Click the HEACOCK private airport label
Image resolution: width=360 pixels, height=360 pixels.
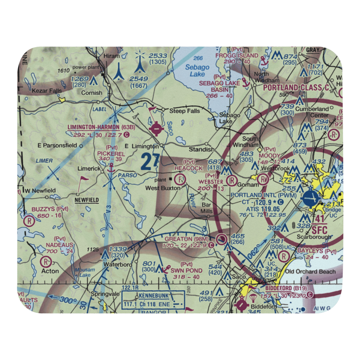[188, 168]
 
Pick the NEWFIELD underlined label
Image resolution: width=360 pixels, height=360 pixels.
[87, 200]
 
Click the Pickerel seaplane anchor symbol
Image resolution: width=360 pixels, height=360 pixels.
[111, 167]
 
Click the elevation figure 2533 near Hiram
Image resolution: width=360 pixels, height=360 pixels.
[158, 55]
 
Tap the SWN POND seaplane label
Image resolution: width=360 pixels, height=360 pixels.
[186, 270]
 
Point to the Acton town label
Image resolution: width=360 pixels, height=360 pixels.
[50, 271]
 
